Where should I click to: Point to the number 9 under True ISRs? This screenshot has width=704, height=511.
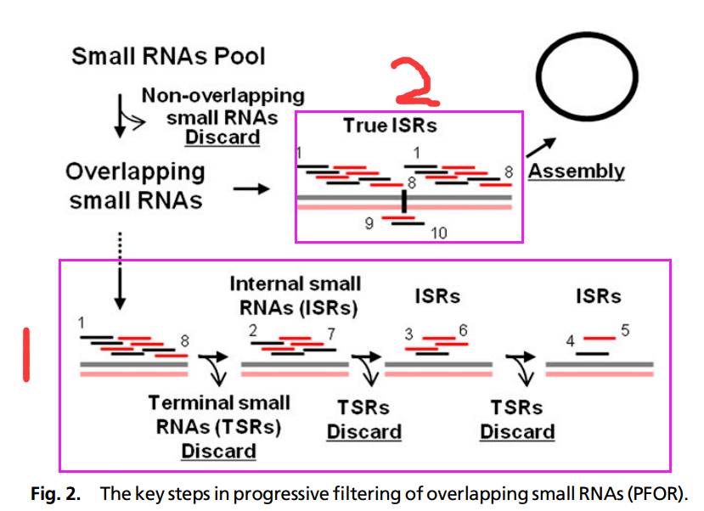pos(369,223)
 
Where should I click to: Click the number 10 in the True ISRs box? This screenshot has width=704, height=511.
pos(438,232)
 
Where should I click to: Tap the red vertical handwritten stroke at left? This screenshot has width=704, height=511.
pos(26,355)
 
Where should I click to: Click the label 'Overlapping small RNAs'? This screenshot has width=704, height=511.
pos(135,186)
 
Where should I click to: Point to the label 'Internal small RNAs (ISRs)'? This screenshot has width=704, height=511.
pos(295,295)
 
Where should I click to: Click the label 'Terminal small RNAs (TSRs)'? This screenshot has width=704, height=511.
pos(218,414)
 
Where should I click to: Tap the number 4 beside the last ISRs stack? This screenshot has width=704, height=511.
pos(571,342)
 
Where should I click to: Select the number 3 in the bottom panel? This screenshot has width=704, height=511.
pos(408,334)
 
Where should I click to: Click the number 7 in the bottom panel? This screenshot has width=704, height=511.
pos(333,333)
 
